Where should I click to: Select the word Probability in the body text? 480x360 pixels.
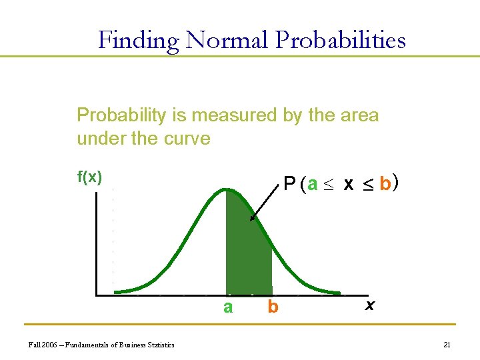tap(121, 115)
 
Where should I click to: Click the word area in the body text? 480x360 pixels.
tap(360, 115)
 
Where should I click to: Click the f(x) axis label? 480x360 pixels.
tap(90, 177)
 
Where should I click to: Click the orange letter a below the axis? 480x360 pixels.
tap(228, 307)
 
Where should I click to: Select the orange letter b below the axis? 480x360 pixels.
tap(272, 307)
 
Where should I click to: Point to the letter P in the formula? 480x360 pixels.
tap(289, 184)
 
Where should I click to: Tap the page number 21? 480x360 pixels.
tap(447, 345)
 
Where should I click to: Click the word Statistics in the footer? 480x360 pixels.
tap(158, 345)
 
